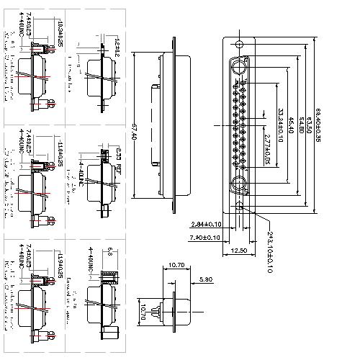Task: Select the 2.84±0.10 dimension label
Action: coord(207,224)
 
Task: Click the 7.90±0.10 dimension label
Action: coord(207,235)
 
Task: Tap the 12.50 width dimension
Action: coord(240,250)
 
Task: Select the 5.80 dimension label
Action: coord(204,278)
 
